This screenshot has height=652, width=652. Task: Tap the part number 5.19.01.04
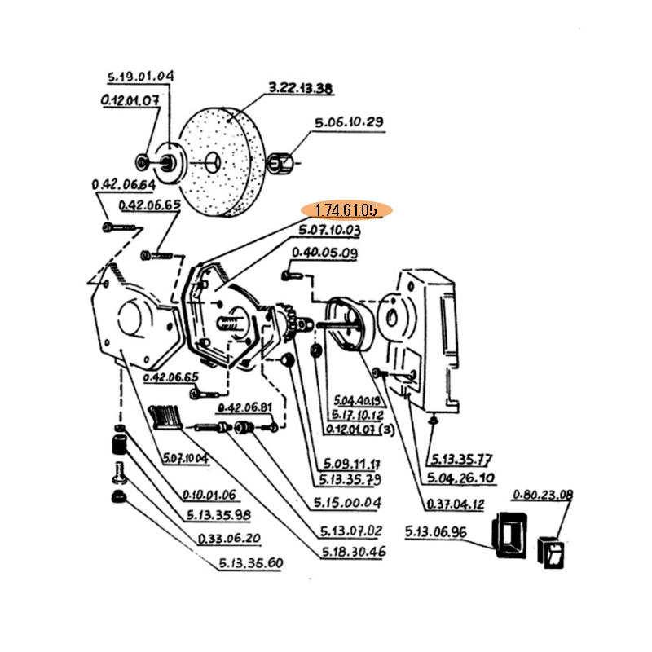coord(140,77)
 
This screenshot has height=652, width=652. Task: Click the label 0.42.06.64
coord(125,185)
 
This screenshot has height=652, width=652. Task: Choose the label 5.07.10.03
coord(330,231)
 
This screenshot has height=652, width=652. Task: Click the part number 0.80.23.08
coord(543,494)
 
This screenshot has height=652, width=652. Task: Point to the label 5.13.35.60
coord(250,562)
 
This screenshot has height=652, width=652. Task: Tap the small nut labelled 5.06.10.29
coord(282,162)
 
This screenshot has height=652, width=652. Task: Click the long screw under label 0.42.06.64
coord(117,227)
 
